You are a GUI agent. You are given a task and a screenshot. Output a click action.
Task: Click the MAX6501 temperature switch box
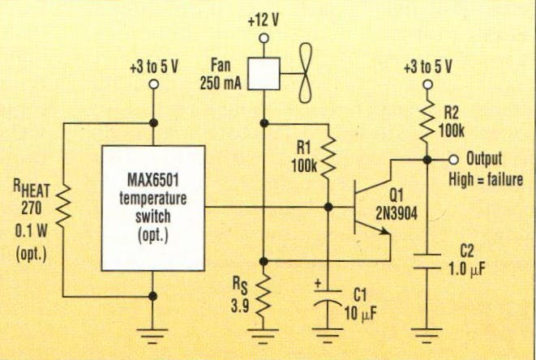coord(152,208)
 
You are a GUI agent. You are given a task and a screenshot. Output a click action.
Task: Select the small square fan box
coord(262,73)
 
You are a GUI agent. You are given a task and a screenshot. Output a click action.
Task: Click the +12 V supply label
coord(262,19)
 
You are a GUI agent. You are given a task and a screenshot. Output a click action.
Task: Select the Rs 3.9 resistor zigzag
coord(263,296)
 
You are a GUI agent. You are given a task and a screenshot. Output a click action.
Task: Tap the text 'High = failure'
coord(487,178)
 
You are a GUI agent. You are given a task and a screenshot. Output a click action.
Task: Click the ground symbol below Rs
coord(263,333)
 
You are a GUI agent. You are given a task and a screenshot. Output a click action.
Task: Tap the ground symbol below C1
coord(328,333)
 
